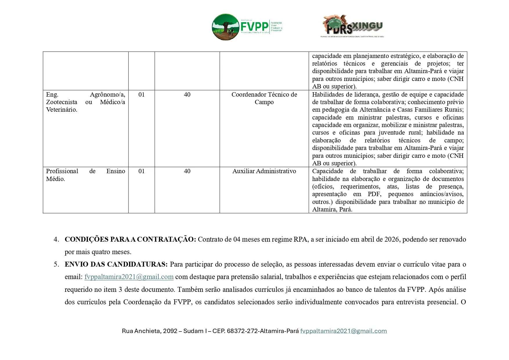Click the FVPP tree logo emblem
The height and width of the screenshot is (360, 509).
click(225, 27)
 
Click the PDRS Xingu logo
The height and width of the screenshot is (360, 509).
click(353, 26)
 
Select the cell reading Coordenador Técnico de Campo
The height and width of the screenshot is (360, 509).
click(264, 98)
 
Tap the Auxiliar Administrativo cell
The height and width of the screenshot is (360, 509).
click(264, 171)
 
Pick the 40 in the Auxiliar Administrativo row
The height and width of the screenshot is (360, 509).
click(187, 171)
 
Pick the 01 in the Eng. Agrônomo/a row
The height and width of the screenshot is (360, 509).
click(141, 95)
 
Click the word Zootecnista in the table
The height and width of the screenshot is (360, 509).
click(62, 102)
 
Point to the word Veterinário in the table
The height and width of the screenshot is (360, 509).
click(62, 110)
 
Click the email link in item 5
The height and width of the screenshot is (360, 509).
click(129, 277)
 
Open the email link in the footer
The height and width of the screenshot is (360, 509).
click(343, 331)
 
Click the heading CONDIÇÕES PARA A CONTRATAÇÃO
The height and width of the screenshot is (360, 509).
click(130, 239)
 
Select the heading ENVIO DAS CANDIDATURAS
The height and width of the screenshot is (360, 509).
click(116, 264)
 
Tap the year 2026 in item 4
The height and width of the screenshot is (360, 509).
click(392, 239)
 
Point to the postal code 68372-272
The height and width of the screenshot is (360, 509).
click(242, 331)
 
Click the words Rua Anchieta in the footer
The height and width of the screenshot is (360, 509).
click(141, 331)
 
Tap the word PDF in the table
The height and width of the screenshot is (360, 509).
click(374, 194)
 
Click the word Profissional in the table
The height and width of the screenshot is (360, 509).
click(62, 171)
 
